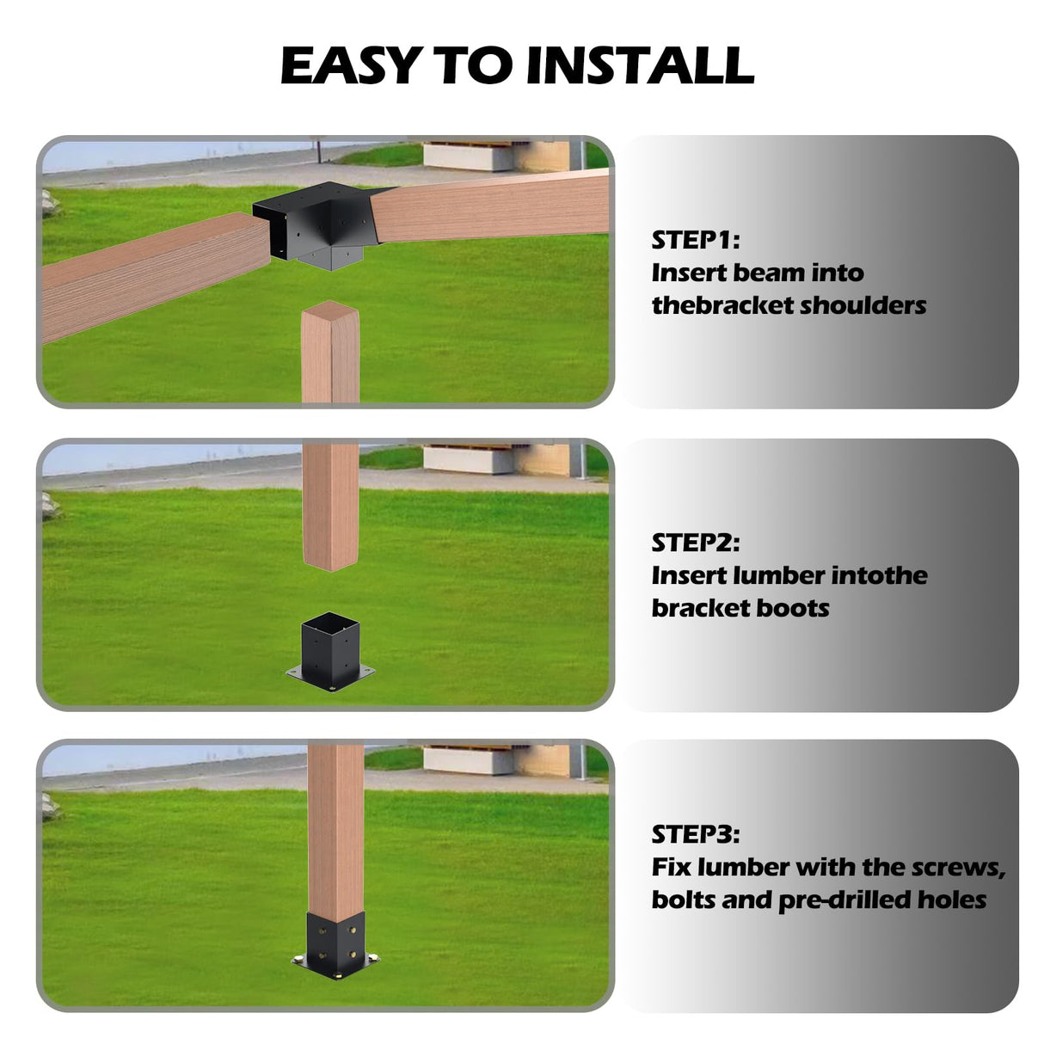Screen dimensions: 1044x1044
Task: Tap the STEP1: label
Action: pyautogui.click(x=695, y=240)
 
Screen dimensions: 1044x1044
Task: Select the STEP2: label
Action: pyautogui.click(x=695, y=543)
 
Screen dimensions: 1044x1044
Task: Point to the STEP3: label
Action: pyautogui.click(x=695, y=834)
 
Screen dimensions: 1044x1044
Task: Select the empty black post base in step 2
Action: pyautogui.click(x=330, y=652)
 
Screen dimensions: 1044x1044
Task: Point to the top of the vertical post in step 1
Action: pyautogui.click(x=330, y=311)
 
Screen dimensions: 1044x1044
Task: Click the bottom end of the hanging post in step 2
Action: pyautogui.click(x=330, y=563)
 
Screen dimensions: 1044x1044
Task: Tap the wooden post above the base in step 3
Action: pyautogui.click(x=336, y=826)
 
